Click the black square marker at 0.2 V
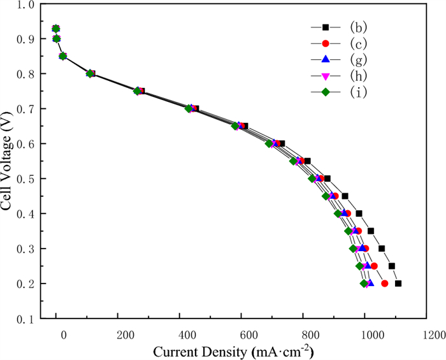point(398,284)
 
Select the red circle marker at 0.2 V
point(385,284)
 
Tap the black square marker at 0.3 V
point(382,248)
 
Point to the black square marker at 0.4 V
point(359,213)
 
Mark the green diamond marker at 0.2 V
point(364,284)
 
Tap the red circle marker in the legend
point(325,43)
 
